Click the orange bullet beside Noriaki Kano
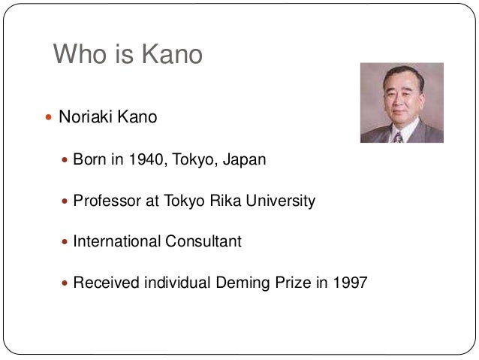[x=48, y=119]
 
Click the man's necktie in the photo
[x=398, y=136]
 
